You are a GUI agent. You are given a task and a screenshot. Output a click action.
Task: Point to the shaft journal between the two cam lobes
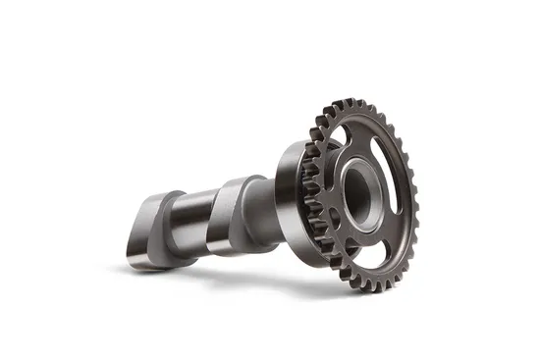coord(191,211)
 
